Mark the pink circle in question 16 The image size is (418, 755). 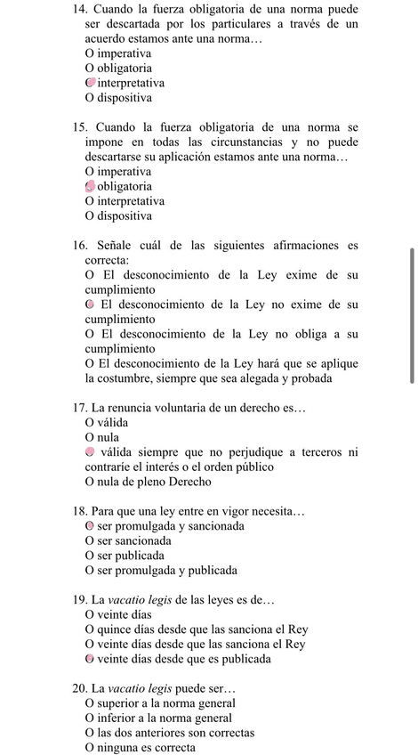pos(91,304)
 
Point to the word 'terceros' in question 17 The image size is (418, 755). pos(320,452)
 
